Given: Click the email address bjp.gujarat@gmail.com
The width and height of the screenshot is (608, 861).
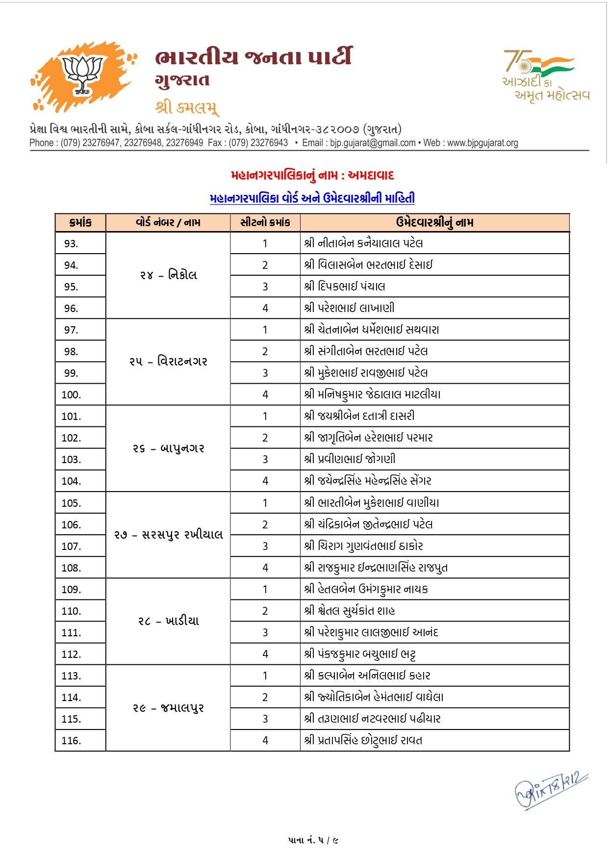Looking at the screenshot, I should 373,143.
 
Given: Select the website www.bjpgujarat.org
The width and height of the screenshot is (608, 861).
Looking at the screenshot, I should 482,143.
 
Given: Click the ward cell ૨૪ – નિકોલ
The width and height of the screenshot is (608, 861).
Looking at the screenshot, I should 168,275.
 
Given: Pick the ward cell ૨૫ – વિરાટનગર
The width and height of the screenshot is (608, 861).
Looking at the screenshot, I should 168,362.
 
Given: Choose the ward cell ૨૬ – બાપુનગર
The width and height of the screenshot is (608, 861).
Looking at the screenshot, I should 168,448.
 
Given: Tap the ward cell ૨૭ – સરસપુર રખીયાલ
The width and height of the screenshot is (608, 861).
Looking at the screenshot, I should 168,535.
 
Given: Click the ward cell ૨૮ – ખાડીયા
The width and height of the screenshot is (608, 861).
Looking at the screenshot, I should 168,621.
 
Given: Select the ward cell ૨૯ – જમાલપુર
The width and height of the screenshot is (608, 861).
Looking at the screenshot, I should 168,708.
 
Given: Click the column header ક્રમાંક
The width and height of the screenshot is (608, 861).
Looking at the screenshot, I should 80,223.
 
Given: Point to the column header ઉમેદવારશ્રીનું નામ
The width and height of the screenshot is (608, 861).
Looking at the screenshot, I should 434,223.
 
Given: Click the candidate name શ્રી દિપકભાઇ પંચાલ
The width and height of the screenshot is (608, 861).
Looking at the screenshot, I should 344,287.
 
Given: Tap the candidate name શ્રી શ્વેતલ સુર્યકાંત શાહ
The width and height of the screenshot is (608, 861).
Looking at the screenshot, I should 349,611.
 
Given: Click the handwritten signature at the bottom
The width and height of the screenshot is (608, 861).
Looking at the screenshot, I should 550,790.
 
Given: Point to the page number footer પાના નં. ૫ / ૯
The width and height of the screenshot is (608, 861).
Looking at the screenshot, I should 313,840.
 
